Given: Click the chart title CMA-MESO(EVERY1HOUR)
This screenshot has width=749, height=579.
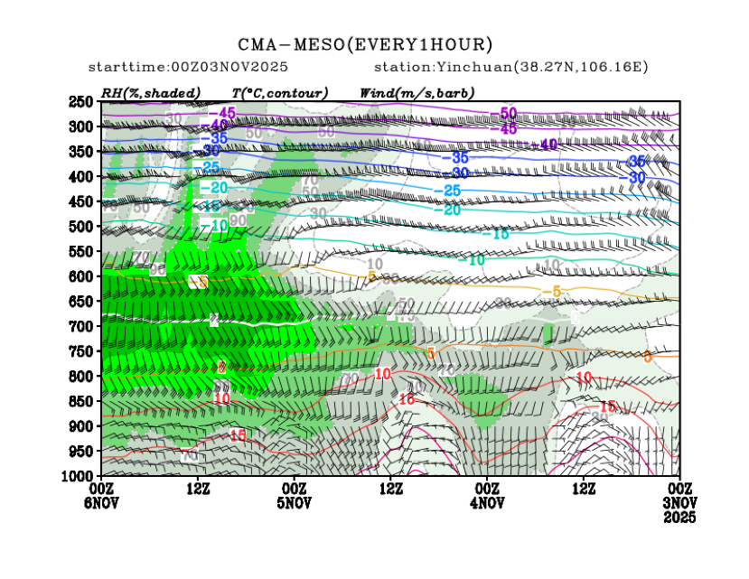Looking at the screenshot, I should [365, 44].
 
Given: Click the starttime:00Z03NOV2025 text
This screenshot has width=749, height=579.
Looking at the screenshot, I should [177, 68].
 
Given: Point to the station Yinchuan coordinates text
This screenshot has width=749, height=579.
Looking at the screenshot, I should [511, 68].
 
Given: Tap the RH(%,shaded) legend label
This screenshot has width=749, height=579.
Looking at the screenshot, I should [150, 92].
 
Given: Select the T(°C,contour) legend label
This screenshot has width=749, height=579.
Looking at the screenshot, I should [279, 92].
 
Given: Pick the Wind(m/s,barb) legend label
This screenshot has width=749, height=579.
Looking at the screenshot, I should [417, 92].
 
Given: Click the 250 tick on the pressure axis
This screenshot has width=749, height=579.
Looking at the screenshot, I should [82, 101].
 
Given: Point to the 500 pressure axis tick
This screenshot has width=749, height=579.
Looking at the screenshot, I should [82, 226].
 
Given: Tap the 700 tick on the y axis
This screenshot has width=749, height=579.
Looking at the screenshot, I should [82, 325].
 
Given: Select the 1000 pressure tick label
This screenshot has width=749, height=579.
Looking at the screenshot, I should [80, 475].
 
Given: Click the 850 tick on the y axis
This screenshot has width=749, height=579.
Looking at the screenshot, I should [82, 400].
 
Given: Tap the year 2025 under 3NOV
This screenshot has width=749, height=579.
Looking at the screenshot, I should [680, 517].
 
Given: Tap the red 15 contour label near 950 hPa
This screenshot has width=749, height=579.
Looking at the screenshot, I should [238, 436].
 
